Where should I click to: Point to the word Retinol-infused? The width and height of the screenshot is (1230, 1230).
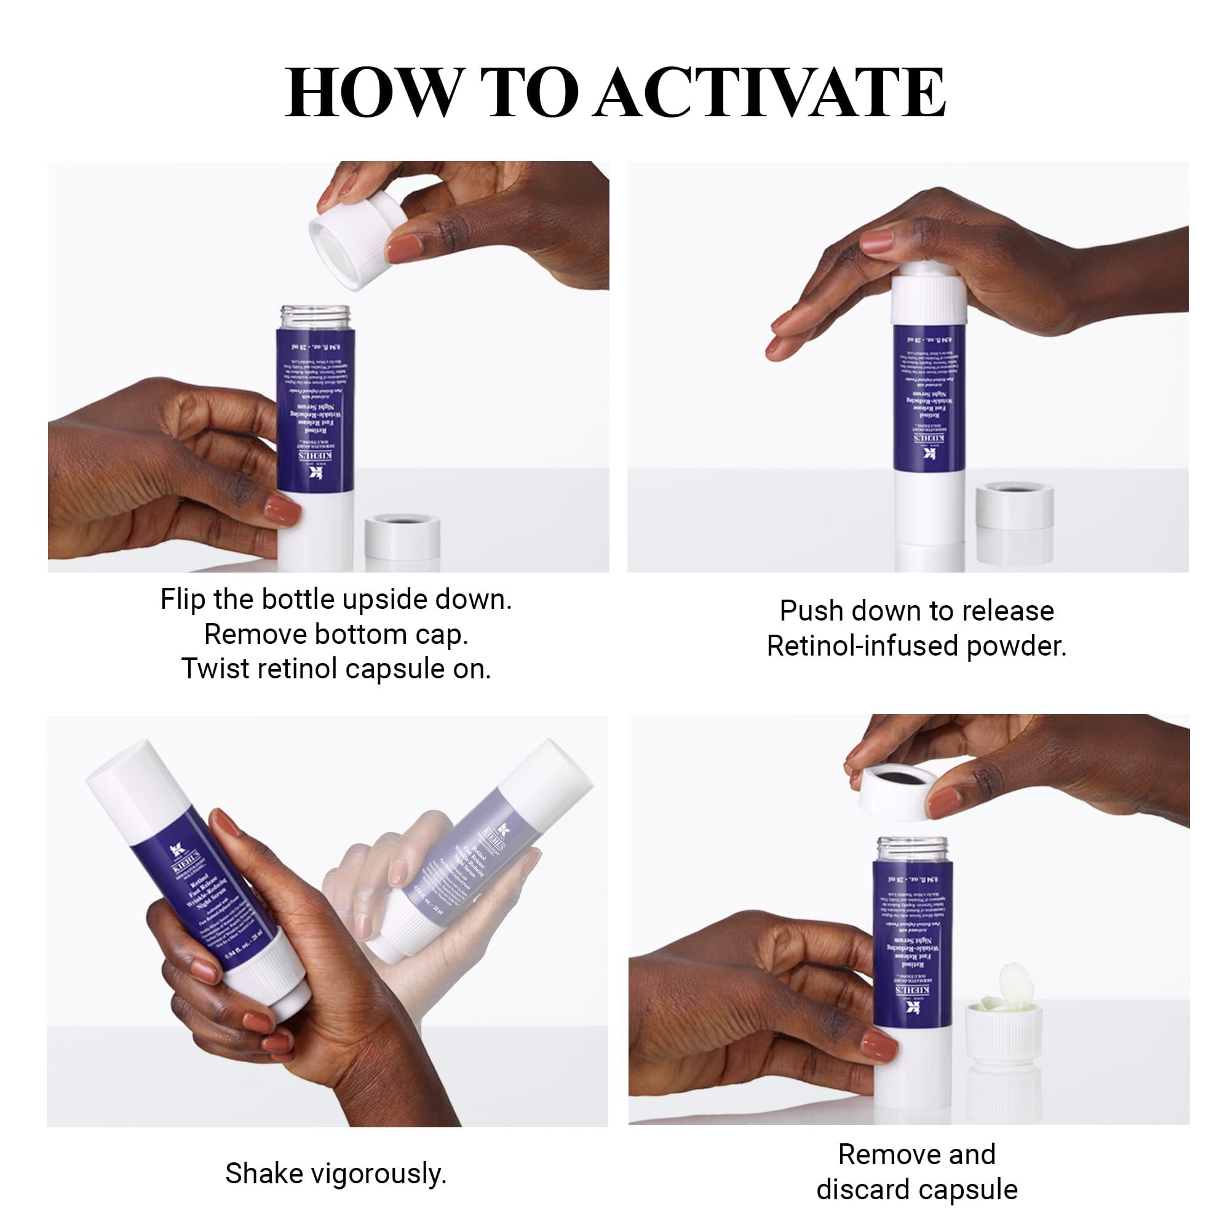click(862, 646)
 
